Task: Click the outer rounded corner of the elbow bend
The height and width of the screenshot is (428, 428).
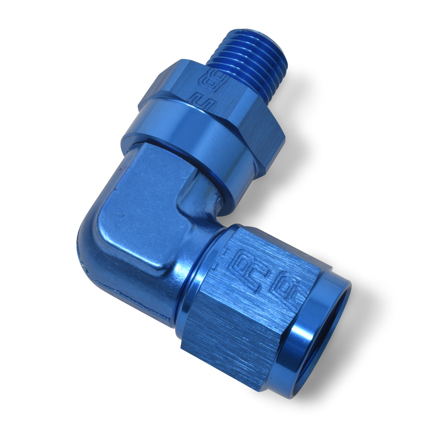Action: point(88,243)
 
